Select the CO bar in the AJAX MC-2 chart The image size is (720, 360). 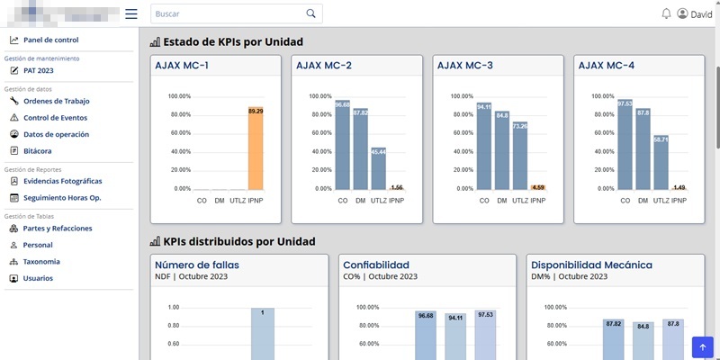[343, 146]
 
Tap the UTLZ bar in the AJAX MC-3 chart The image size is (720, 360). [519, 156]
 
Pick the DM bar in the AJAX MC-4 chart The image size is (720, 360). [643, 148]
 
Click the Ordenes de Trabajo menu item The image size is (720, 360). [57, 101]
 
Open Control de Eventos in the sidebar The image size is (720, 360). [55, 118]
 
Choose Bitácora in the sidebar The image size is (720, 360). [37, 150]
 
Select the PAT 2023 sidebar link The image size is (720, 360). [39, 70]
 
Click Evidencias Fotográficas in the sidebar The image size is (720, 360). [62, 181]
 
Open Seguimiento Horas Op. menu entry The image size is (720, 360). [62, 197]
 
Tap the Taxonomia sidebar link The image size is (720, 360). [41, 262]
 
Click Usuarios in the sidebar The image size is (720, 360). [38, 278]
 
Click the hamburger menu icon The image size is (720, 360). [131, 13]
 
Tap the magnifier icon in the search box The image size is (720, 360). [311, 13]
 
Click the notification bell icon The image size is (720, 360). [666, 13]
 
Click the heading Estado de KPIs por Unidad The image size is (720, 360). [232, 42]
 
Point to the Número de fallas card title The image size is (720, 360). [197, 265]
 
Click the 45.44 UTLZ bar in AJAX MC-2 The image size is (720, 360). [379, 168]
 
